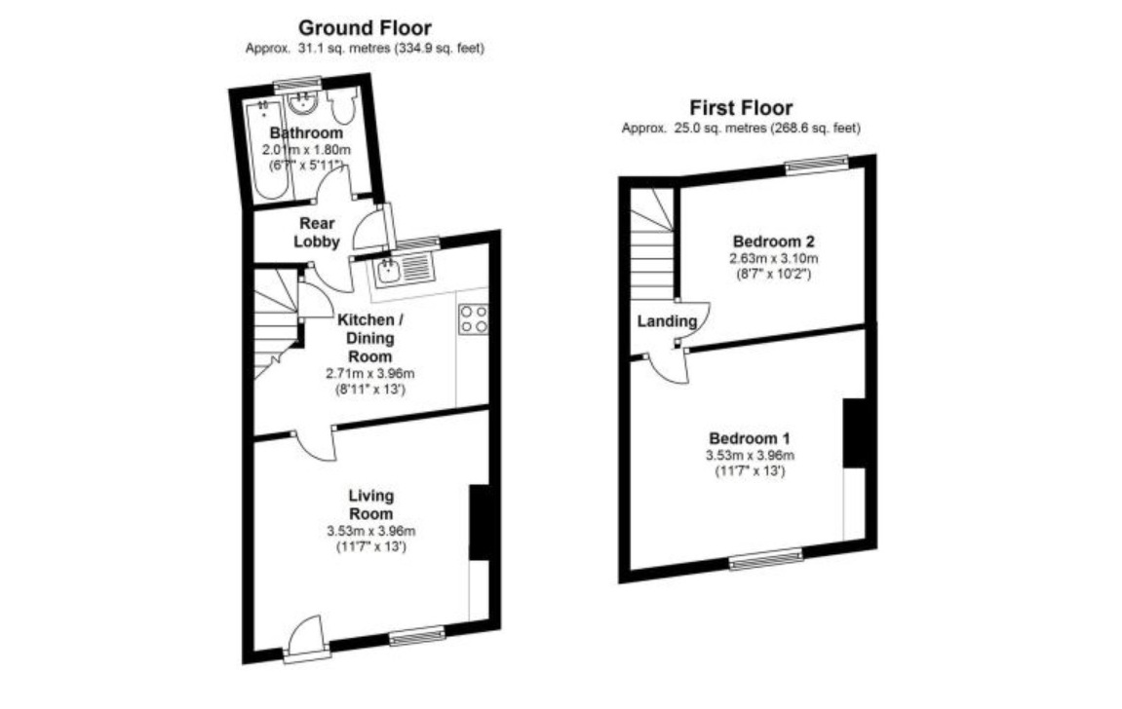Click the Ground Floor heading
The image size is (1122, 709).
pos(365,28)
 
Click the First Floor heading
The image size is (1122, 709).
pos(741,107)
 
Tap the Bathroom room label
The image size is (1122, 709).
pos(306,133)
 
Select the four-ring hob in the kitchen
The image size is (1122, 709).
pos(474,318)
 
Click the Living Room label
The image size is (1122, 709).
pos(370,504)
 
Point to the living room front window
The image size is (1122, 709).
pos(417,637)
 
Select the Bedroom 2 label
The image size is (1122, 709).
pos(773,241)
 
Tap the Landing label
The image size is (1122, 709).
pos(668,321)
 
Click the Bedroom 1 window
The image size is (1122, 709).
pos(766,558)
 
